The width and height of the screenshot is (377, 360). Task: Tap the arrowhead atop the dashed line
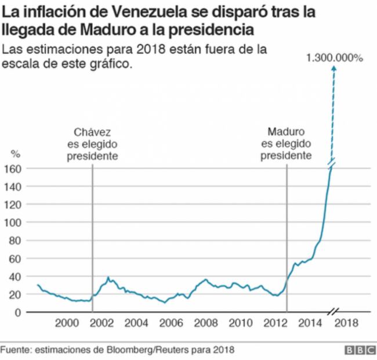(333, 69)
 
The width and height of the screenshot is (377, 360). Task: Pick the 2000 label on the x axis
(67, 323)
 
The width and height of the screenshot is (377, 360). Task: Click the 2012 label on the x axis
(276, 323)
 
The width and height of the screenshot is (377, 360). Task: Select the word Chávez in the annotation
(93, 132)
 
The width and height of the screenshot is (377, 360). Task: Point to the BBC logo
(359, 351)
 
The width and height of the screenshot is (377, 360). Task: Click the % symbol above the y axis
(16, 154)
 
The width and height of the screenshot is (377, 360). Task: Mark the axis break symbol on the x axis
(333, 312)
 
